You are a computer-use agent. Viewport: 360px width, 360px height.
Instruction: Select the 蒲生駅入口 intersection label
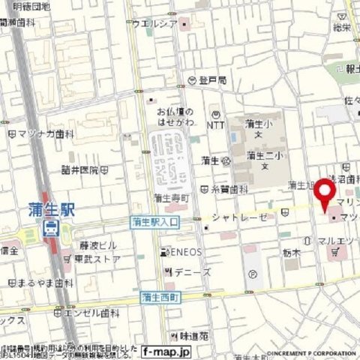click(154, 222)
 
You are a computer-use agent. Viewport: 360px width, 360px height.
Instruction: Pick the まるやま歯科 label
click(45, 283)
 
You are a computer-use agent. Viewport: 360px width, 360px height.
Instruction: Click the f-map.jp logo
click(166, 350)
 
